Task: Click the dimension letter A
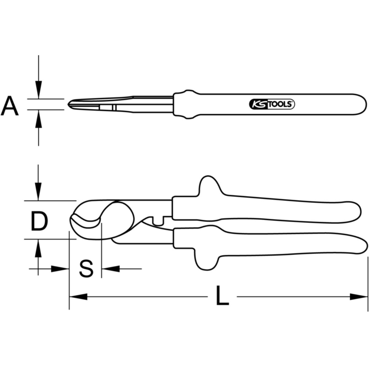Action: tap(10, 106)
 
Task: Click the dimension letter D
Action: tap(39, 221)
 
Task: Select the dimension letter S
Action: tap(86, 268)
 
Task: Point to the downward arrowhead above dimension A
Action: tap(38, 89)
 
